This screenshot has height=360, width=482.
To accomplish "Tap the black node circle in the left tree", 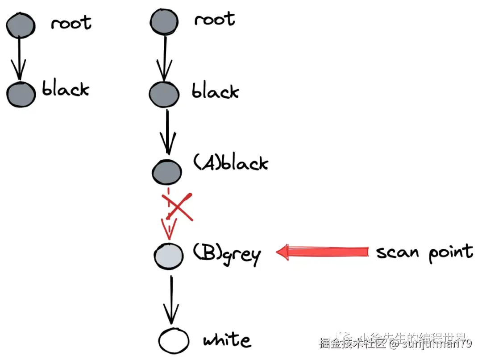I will [21, 93].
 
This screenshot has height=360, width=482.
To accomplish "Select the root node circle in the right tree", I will [164, 22].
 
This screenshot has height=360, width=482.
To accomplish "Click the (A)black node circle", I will [167, 171].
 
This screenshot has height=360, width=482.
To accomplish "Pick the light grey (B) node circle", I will [169, 256].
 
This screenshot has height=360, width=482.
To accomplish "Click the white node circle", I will [173, 341].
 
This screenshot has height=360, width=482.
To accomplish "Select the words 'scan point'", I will [424, 252].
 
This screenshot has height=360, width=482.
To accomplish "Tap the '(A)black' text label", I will [230, 163].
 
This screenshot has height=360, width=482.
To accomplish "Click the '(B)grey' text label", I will [227, 255].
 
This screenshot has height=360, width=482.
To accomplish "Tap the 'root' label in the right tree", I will [214, 20].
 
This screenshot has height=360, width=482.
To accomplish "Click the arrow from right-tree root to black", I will [165, 58].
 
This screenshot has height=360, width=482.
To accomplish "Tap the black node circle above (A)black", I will [164, 94].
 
